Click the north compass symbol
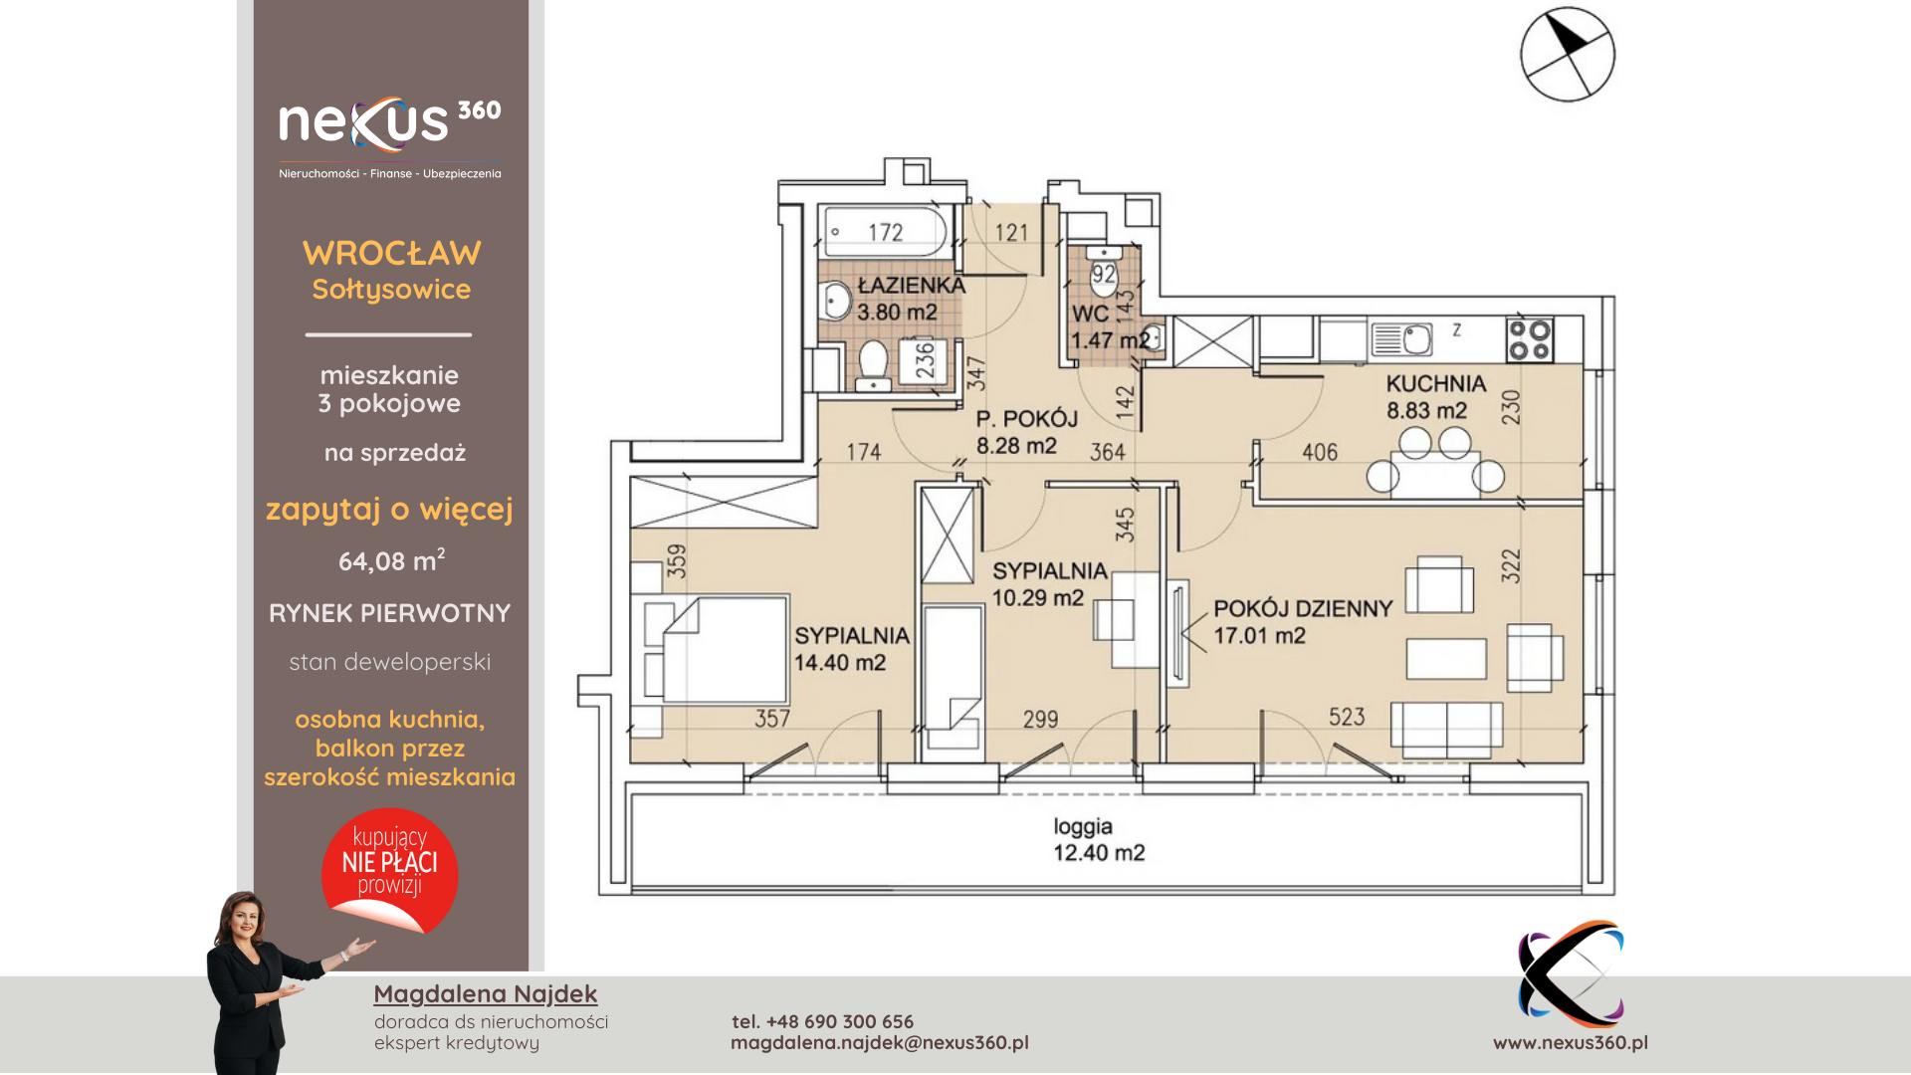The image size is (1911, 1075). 1568,54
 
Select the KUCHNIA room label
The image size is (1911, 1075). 1435,384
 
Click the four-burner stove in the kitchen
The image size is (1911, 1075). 1530,339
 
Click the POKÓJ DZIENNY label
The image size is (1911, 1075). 1303,609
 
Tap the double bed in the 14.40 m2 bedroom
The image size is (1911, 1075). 716,651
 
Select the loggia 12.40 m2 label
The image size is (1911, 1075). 1099,839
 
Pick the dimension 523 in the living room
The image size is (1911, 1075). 1347,717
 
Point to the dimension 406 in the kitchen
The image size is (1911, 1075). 1320,452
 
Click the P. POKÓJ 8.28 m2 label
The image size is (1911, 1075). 1026,432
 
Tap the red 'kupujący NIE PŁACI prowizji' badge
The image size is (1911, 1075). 389,870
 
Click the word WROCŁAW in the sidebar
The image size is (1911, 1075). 392,253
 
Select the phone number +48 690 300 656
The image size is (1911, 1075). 840,1021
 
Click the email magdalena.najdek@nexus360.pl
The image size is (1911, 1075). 880,1042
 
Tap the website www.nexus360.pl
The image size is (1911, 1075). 1571,1042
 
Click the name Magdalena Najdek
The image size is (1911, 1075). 486,993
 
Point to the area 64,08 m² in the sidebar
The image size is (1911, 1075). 392,560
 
